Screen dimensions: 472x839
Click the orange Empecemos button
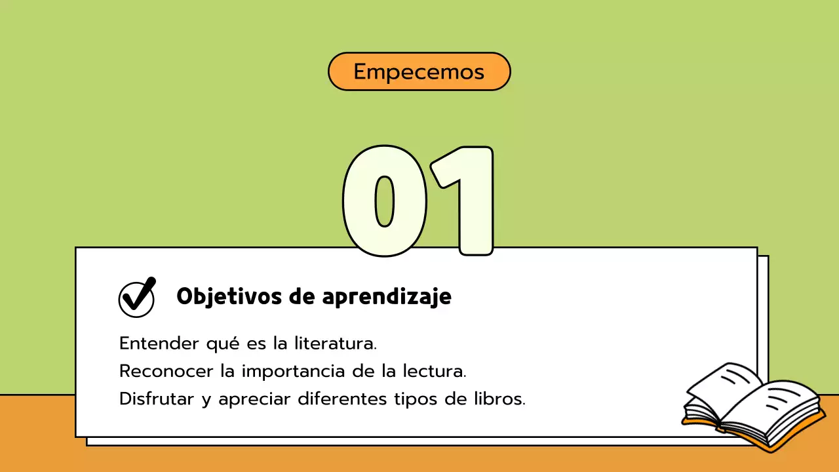tap(419, 71)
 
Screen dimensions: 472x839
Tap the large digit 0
tap(385, 201)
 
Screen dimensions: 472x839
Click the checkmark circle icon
tap(136, 298)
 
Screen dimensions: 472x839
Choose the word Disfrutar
tap(156, 399)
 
